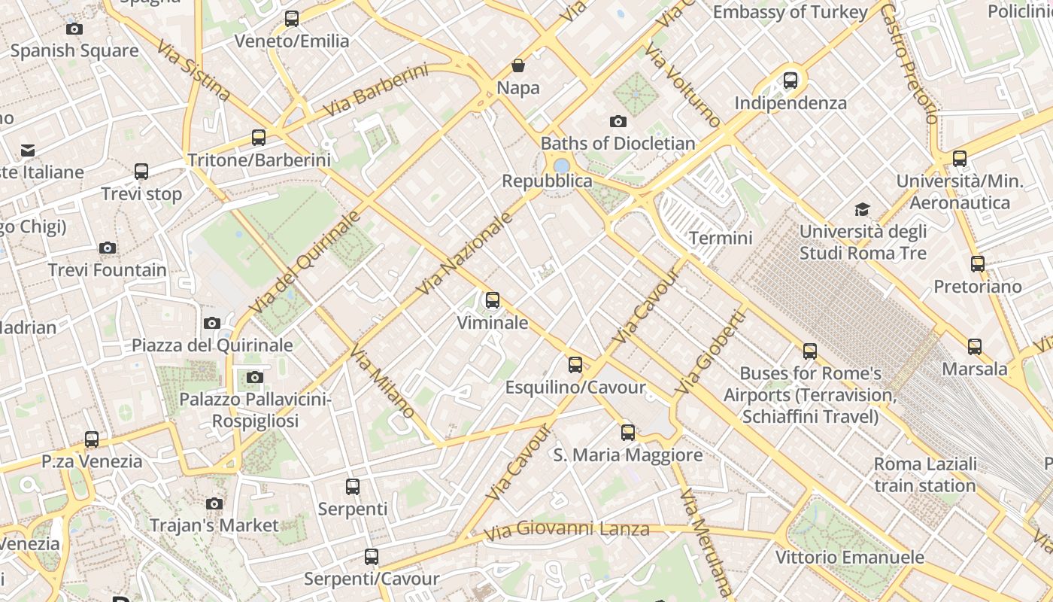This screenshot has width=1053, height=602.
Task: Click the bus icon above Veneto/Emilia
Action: [292, 19]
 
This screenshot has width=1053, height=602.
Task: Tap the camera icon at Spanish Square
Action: [74, 29]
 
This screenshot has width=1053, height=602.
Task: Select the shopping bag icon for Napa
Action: [518, 65]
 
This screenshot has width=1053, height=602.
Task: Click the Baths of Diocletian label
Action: [618, 143]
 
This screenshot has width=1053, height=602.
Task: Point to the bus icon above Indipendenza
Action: [791, 81]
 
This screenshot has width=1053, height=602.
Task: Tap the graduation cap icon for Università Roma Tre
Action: [862, 209]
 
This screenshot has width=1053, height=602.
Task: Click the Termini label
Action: [721, 239]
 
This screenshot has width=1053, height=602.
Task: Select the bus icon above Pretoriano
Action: [978, 264]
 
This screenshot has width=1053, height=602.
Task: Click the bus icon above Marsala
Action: [975, 347]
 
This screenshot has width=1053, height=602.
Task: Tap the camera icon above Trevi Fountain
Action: [108, 248]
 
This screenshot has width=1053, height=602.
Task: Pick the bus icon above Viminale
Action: [493, 300]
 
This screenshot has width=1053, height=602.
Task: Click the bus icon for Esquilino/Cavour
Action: [575, 365]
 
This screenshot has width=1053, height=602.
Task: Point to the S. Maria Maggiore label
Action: [628, 455]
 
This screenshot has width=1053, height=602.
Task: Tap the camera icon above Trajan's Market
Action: [214, 503]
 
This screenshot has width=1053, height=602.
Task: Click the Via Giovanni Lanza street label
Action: [566, 530]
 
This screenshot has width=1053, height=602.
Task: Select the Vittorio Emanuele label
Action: [849, 558]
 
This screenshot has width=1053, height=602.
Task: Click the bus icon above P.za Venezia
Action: [92, 439]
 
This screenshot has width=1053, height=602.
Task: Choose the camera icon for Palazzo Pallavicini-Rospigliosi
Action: [255, 377]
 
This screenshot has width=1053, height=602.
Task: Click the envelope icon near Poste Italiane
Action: [28, 150]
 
